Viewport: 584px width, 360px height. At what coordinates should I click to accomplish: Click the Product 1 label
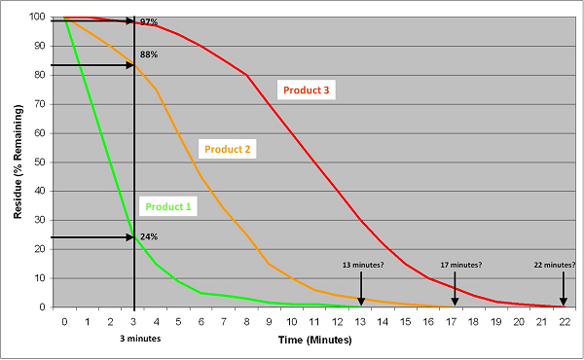coord(169,206)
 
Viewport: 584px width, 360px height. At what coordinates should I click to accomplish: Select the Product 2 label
coord(226,149)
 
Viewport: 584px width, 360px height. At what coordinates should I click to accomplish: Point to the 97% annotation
coord(149,21)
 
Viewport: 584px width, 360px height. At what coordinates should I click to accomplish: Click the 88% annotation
coord(149,55)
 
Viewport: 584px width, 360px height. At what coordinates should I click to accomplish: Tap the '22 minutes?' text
coord(555,265)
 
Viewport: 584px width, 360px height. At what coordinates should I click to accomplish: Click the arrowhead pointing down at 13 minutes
coord(361,303)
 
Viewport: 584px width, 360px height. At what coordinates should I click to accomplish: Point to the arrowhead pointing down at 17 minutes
coord(455,303)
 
